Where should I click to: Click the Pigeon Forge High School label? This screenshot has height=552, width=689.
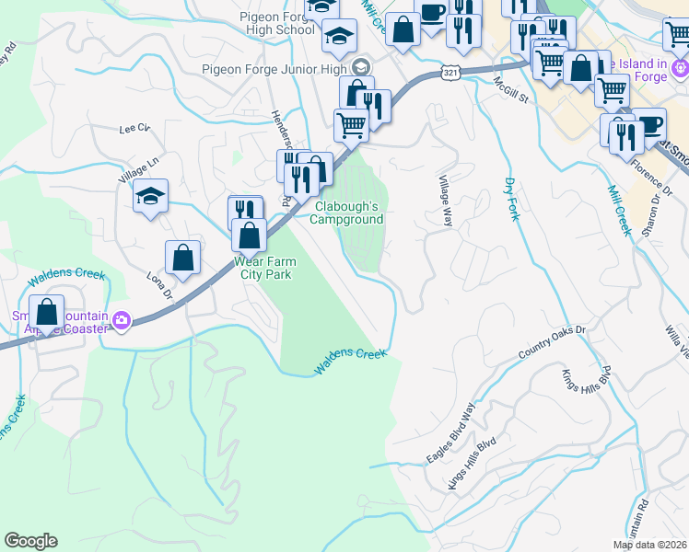276,23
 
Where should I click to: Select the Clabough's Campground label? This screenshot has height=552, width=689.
345,213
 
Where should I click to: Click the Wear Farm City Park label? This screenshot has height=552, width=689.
268,268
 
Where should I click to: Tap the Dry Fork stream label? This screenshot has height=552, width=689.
509,199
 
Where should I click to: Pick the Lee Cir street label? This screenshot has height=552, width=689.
134,130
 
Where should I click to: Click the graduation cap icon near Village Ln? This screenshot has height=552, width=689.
150,196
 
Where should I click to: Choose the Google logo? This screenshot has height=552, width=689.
30,541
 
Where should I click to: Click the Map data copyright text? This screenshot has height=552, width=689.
649,545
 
